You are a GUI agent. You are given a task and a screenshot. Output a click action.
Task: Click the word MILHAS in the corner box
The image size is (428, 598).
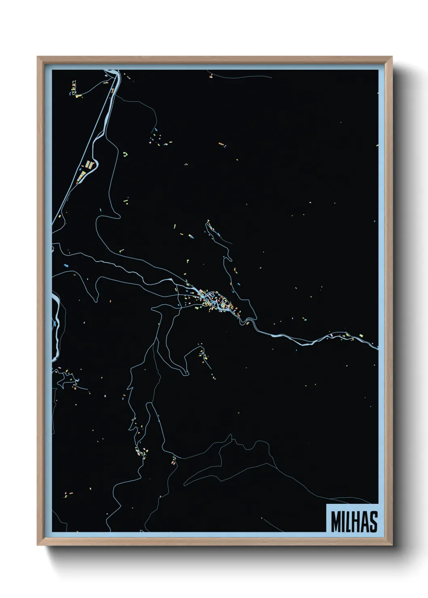[354, 522]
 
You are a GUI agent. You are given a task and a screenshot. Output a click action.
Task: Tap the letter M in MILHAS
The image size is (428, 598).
[336, 522]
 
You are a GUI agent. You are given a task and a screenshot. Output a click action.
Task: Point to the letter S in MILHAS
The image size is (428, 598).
[373, 522]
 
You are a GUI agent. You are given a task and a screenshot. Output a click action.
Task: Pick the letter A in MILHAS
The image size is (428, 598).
[364, 522]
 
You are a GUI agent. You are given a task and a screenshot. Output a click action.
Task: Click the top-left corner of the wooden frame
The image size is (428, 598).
[38, 57]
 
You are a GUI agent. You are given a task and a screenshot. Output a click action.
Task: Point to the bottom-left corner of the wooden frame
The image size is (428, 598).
[38, 544]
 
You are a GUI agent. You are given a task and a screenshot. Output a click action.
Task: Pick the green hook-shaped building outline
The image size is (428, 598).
[125, 154]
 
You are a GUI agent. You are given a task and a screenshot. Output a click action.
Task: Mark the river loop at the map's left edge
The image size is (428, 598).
[57, 323]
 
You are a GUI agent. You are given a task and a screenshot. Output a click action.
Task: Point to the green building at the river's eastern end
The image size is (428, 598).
[361, 335]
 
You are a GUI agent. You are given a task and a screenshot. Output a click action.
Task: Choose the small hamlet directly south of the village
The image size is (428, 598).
[203, 356]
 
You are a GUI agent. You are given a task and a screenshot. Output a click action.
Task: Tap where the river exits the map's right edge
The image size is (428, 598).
[377, 347]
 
